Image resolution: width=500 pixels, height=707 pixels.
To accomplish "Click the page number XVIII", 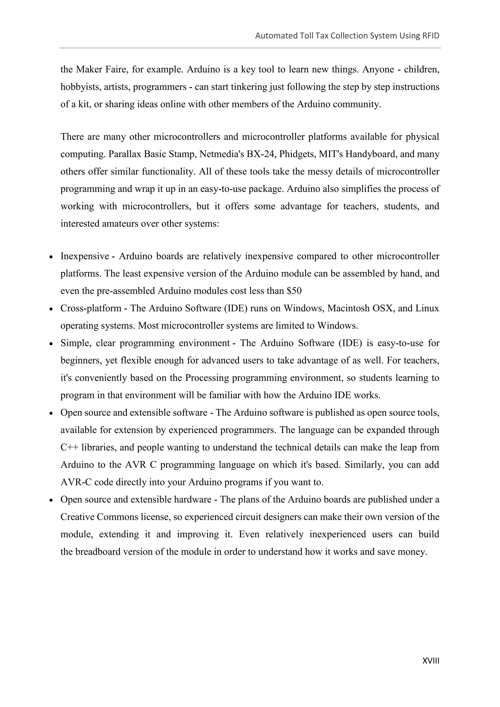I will point(430,661).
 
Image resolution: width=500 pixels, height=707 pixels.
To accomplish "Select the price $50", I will point(294,291).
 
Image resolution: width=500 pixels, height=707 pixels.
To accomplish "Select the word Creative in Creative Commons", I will point(77,517).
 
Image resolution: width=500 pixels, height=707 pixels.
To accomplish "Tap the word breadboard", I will point(98,552).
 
